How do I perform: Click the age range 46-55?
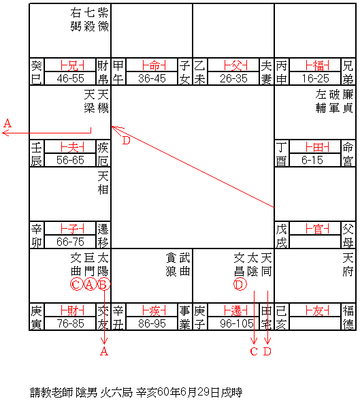(70, 78)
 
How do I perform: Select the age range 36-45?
(152, 78)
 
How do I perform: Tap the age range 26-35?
(233, 78)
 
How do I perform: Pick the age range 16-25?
(315, 78)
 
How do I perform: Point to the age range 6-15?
(312, 161)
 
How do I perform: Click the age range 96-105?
(237, 324)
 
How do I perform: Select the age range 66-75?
(70, 242)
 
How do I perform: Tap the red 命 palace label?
(154, 65)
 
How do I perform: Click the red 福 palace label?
(317, 65)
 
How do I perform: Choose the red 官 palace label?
(317, 229)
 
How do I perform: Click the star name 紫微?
(103, 19)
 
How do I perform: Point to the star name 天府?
(348, 265)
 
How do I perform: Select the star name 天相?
(103, 183)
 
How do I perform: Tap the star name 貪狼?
(171, 265)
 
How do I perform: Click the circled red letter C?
(76, 284)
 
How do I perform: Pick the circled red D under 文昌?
(240, 284)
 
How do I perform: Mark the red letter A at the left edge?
(7, 123)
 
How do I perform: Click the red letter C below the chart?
(254, 351)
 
